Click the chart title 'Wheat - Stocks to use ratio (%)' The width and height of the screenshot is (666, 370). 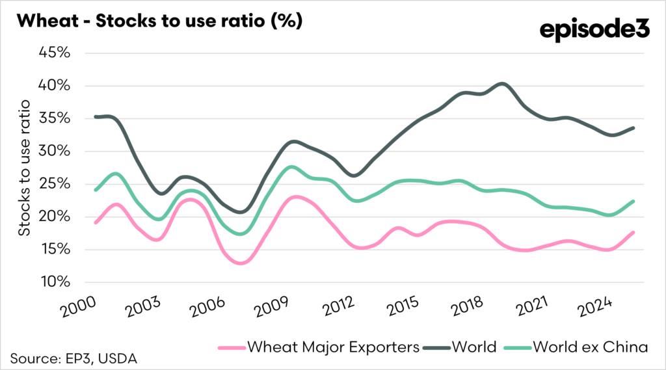[x=159, y=21]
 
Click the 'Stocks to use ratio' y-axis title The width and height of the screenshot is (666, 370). [x=24, y=168]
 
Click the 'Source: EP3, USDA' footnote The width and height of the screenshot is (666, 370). [x=73, y=358]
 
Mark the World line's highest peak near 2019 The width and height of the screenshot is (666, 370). [x=501, y=83]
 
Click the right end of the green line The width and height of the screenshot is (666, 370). [x=633, y=202]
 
